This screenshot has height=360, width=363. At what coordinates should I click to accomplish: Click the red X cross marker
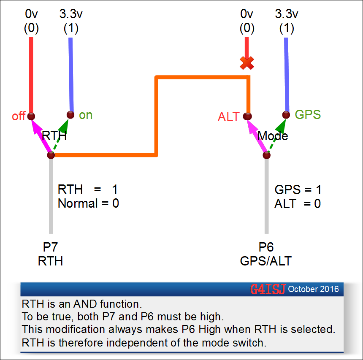(247, 63)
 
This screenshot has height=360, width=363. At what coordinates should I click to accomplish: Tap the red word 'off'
(19, 116)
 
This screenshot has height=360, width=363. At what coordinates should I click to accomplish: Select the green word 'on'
(86, 115)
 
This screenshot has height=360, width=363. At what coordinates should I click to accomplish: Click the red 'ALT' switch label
(229, 117)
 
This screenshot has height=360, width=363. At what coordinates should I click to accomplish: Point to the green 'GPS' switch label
(308, 114)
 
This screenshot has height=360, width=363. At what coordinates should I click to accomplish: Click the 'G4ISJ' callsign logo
(268, 289)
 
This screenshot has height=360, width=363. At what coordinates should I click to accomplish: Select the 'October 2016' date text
(314, 289)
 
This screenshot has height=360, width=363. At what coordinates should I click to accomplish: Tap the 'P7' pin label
(51, 247)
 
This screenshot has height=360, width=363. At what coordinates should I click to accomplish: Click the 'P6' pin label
(266, 247)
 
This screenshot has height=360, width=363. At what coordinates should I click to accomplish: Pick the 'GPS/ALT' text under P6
(266, 261)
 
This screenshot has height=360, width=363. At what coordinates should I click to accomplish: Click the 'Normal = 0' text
(88, 203)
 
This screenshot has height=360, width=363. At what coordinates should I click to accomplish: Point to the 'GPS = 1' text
(298, 189)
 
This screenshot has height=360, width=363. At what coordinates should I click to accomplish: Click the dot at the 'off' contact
(31, 116)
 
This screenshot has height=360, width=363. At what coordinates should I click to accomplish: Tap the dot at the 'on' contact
(71, 114)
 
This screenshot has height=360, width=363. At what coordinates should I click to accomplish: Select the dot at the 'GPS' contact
(286, 114)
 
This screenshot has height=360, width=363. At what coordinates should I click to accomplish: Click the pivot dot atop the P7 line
(51, 155)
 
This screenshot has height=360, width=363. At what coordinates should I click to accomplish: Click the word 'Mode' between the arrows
(273, 136)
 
